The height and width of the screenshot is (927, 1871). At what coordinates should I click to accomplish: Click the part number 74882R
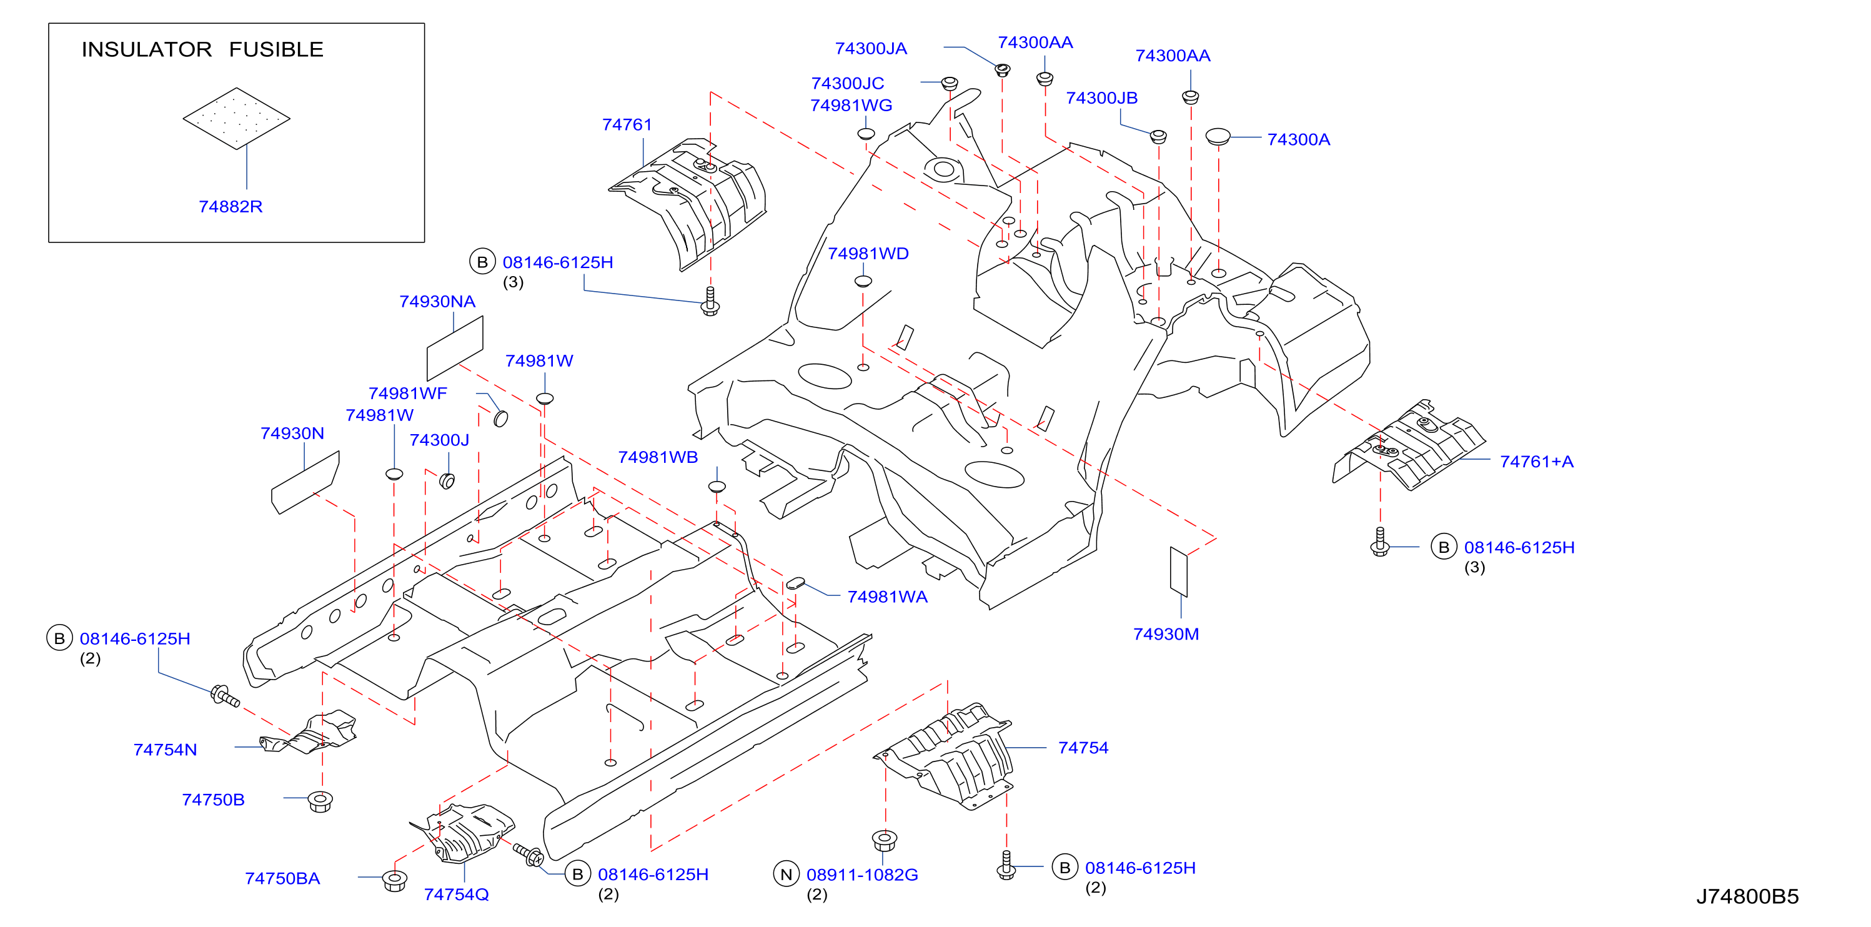tap(231, 206)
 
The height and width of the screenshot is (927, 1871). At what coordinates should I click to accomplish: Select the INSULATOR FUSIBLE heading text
tap(202, 49)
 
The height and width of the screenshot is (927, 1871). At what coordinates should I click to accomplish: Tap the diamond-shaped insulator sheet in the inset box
tap(236, 119)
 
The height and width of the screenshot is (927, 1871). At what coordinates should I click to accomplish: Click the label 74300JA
tap(871, 49)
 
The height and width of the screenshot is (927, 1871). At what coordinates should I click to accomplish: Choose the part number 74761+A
tap(1537, 462)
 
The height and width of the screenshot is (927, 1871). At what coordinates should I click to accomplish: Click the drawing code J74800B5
tap(1747, 896)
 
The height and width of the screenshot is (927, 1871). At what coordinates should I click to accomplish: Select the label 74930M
tap(1166, 634)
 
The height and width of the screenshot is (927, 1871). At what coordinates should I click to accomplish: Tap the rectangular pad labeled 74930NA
tap(455, 348)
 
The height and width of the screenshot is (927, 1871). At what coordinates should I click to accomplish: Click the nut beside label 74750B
tap(320, 801)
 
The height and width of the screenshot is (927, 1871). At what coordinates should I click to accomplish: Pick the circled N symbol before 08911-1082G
tap(786, 874)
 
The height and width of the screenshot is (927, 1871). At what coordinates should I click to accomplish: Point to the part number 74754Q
tap(456, 895)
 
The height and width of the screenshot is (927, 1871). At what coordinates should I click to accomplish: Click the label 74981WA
tap(888, 597)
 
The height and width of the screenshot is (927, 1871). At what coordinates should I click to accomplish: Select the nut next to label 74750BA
tap(394, 881)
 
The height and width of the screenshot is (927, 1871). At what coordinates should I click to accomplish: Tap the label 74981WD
tap(868, 254)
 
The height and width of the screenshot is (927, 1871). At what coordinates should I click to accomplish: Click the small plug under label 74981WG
tap(866, 134)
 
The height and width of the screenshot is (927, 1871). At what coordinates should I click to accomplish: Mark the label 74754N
tap(165, 750)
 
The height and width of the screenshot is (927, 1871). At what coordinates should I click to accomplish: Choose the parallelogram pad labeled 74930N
tap(305, 482)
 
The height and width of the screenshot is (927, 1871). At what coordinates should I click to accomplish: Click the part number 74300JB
tap(1102, 98)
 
